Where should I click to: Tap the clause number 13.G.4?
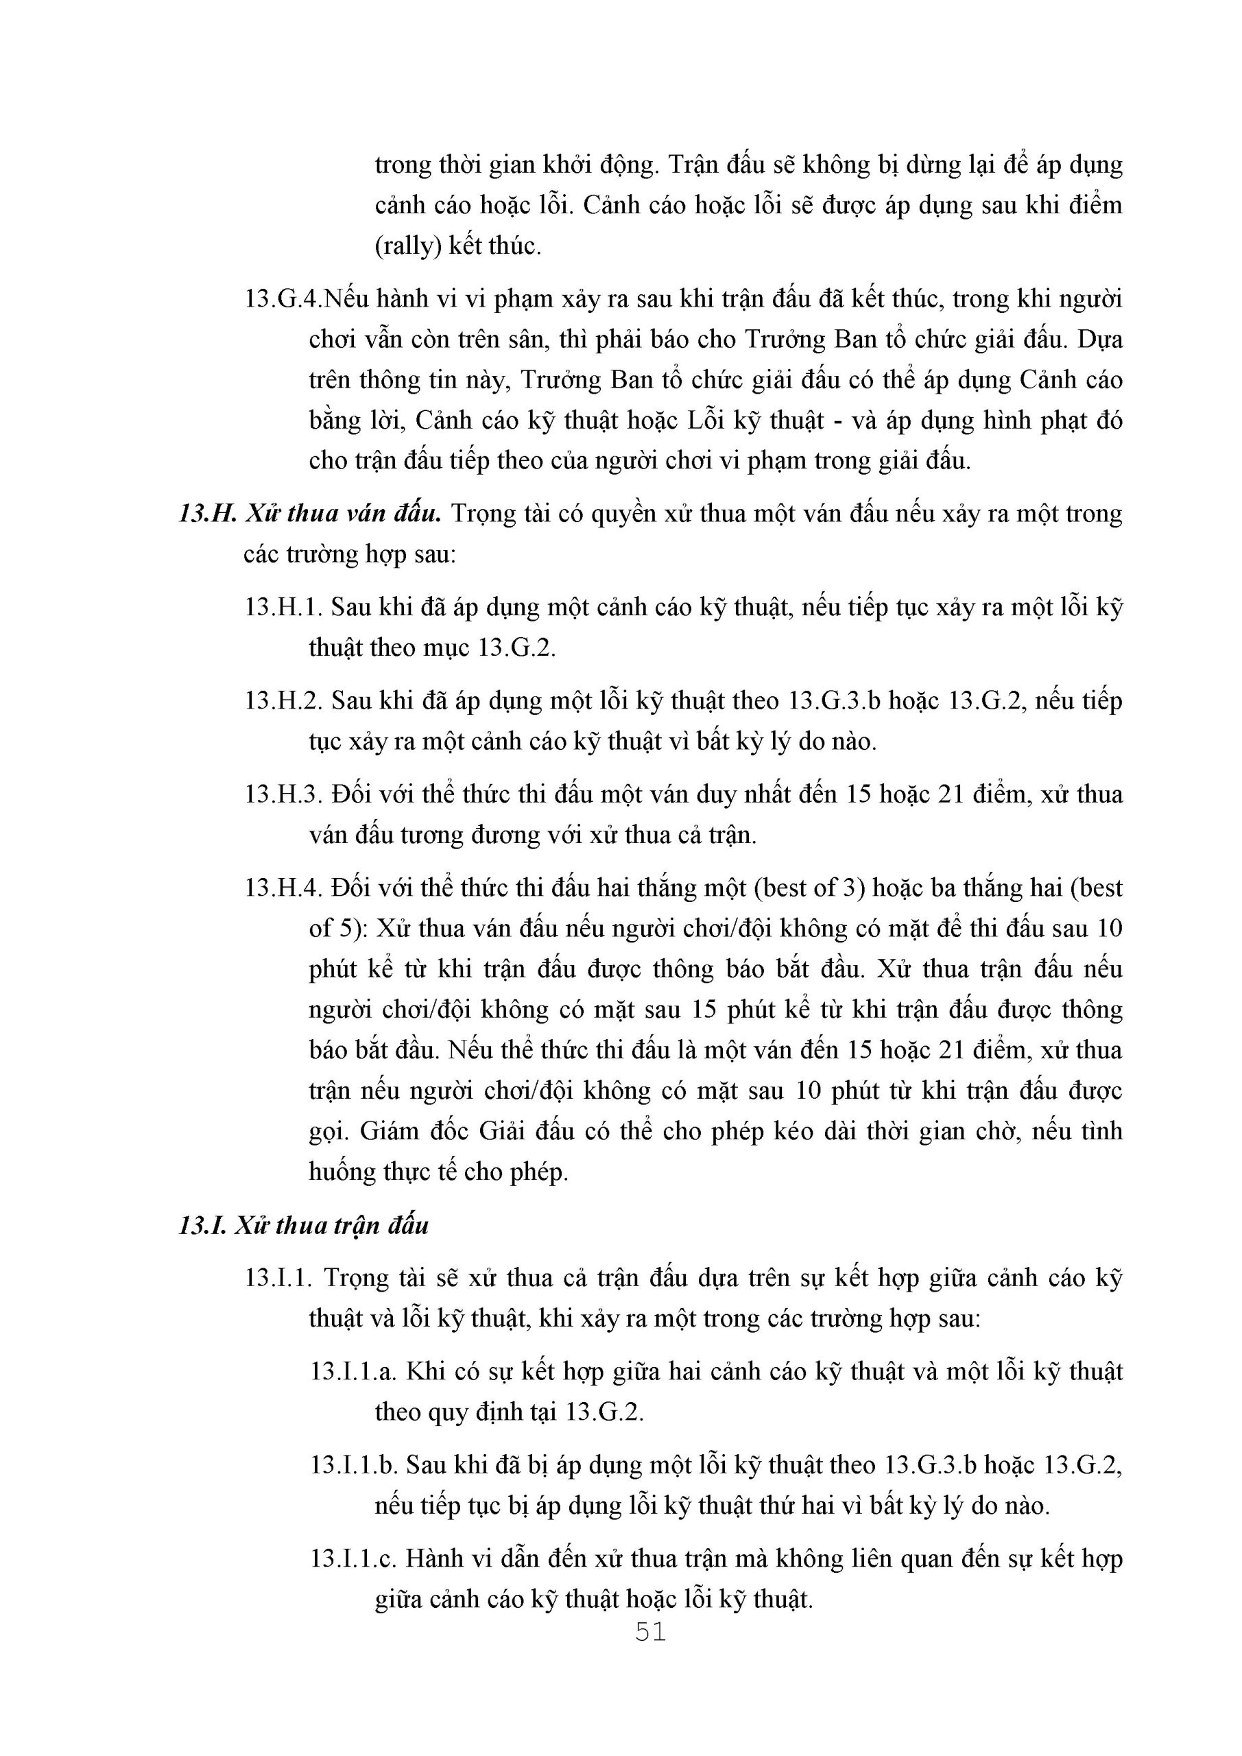[282, 298]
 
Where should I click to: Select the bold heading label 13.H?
[206, 513]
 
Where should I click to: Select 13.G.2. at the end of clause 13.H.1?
[517, 648]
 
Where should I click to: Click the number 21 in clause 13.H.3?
[949, 794]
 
